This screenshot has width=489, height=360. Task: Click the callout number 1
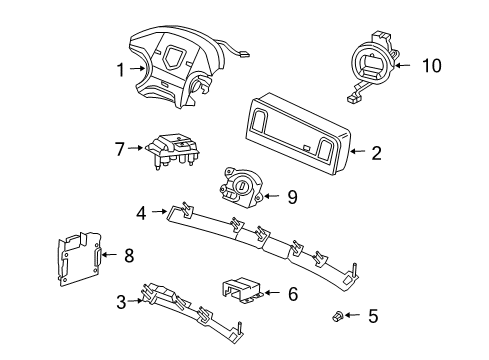121,70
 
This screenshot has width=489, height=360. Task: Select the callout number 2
376,154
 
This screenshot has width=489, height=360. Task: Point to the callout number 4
143,212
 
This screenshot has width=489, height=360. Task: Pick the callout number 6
292,294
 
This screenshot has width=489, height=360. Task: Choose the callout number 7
119,150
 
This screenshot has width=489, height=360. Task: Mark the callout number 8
128,255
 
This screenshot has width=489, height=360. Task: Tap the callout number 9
292,197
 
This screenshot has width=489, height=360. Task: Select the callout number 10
430,67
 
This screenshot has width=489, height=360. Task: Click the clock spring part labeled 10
376,65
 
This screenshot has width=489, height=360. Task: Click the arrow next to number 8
109,255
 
